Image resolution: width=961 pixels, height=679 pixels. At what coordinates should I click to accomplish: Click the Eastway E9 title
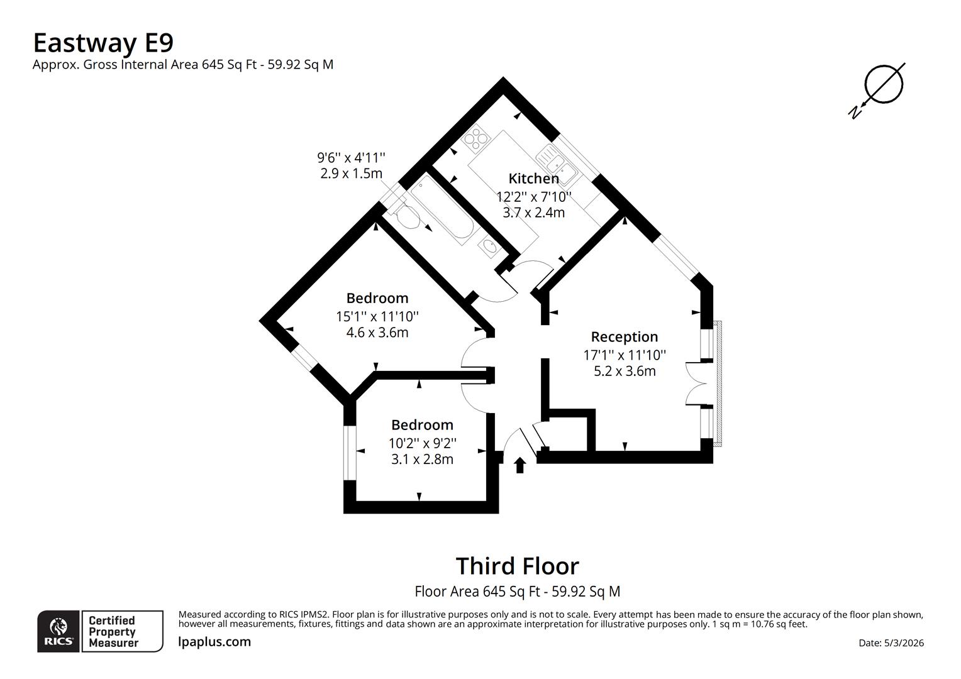click(103, 43)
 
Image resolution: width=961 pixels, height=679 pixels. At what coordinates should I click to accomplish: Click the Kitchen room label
click(533, 179)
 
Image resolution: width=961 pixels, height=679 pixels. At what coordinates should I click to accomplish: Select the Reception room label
click(624, 337)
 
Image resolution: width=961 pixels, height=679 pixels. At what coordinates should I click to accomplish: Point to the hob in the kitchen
click(475, 138)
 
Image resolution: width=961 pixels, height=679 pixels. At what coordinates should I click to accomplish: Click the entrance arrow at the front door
click(519, 465)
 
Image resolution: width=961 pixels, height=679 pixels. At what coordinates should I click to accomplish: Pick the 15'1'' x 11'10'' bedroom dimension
click(377, 316)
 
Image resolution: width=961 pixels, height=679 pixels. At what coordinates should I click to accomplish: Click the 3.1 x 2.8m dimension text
click(422, 459)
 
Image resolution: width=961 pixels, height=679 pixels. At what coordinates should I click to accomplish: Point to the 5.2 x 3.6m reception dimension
click(625, 371)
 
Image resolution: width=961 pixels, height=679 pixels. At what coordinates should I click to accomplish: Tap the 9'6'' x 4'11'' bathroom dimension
click(351, 157)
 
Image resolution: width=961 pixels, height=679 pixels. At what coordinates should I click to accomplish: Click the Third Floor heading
click(517, 566)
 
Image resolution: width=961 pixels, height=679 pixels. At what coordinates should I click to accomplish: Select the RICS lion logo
click(58, 631)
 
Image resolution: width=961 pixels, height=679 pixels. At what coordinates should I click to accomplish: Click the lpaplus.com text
click(214, 642)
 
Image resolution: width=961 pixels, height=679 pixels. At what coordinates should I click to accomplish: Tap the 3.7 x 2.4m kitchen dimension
click(533, 213)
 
